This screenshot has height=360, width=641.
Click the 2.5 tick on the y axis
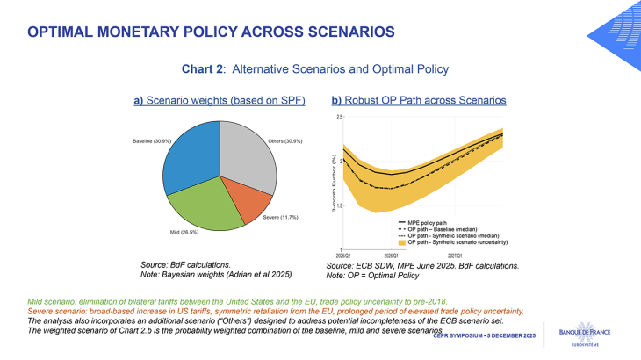point(338,117)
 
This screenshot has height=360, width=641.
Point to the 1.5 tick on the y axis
point(338,206)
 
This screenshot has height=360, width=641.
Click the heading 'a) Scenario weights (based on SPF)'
point(219,101)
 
